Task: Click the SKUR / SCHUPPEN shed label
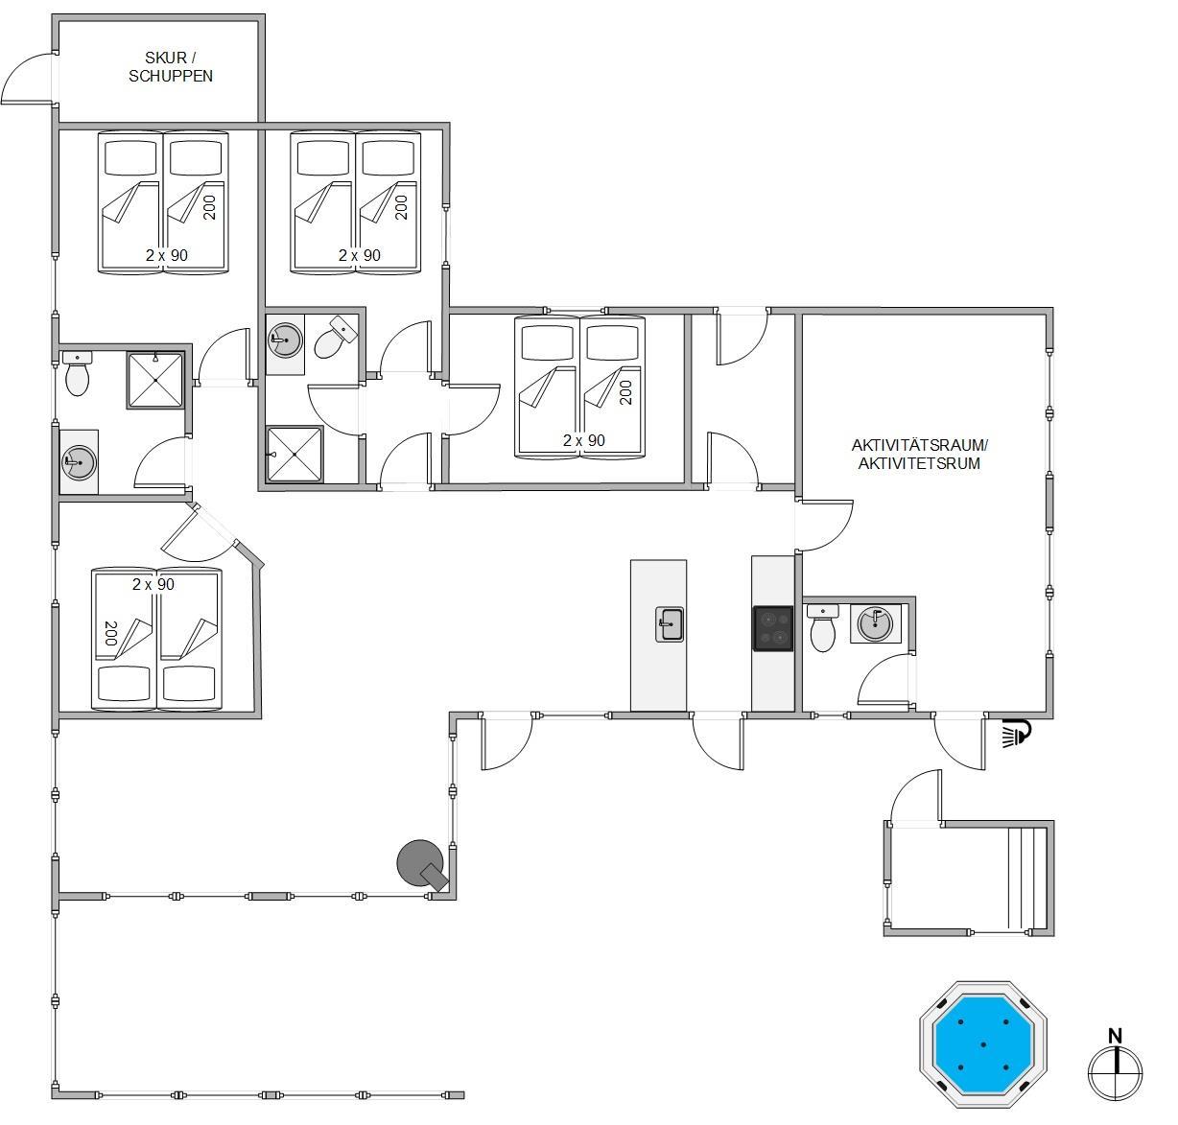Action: (170, 66)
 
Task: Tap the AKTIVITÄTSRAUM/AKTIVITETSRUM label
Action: (919, 454)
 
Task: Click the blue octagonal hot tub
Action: (983, 1044)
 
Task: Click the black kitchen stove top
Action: (773, 628)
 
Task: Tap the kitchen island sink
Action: (670, 624)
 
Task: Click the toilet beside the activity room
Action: (823, 627)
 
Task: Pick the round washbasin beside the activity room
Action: (875, 623)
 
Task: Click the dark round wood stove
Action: (419, 863)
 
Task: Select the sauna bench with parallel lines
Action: (1026, 878)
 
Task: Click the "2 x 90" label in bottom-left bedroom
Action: (153, 584)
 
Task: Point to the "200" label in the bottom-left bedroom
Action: (110, 633)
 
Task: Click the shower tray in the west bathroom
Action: (155, 380)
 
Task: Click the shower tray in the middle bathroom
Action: (294, 454)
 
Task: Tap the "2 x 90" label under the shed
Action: (167, 255)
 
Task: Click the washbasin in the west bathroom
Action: (79, 462)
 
